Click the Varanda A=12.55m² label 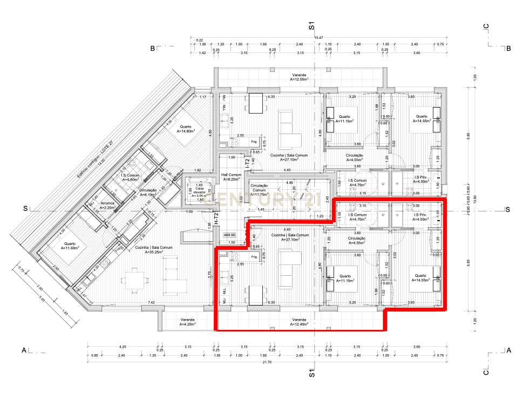tap(300, 77)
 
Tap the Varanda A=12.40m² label tap(300, 321)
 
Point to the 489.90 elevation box tap(230, 235)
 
